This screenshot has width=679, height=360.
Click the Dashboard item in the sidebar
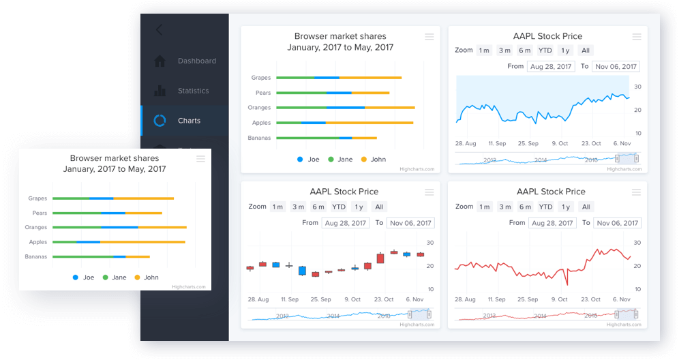pos(197,61)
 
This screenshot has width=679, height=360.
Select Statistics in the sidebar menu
pos(193,91)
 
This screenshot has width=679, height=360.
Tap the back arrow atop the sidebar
pos(159,30)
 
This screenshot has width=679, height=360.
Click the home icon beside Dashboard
pos(160,61)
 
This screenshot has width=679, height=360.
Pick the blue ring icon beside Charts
pos(160,121)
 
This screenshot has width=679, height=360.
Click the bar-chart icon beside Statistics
pos(160,91)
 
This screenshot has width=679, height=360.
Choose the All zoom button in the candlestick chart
pos(379,207)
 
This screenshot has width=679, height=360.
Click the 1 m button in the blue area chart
pos(483,50)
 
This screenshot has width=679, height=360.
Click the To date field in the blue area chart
pos(616,67)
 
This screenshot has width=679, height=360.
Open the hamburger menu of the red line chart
pos(636,192)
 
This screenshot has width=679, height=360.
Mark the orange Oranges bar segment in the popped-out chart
pos(162,227)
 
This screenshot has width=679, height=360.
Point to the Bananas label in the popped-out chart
pos(36,256)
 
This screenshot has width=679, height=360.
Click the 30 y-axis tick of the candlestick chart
pos(430,243)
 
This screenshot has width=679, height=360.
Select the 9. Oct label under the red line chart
pos(559,299)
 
